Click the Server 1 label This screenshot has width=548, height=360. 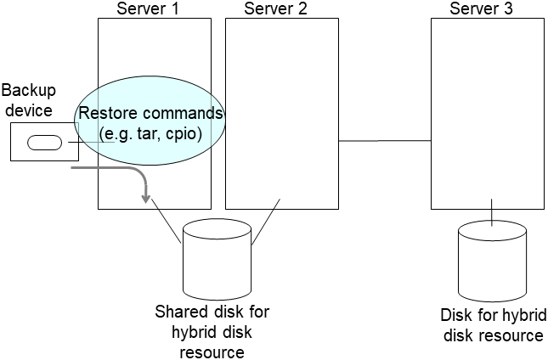click(x=153, y=8)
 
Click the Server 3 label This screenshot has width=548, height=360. click(x=485, y=8)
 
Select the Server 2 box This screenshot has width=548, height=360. click(x=280, y=68)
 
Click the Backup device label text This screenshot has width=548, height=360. click(x=27, y=100)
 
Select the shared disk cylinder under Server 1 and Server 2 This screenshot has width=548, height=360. click(x=217, y=255)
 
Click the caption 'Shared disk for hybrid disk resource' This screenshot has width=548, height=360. click(x=212, y=331)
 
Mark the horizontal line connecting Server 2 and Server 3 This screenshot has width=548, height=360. click(x=385, y=140)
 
